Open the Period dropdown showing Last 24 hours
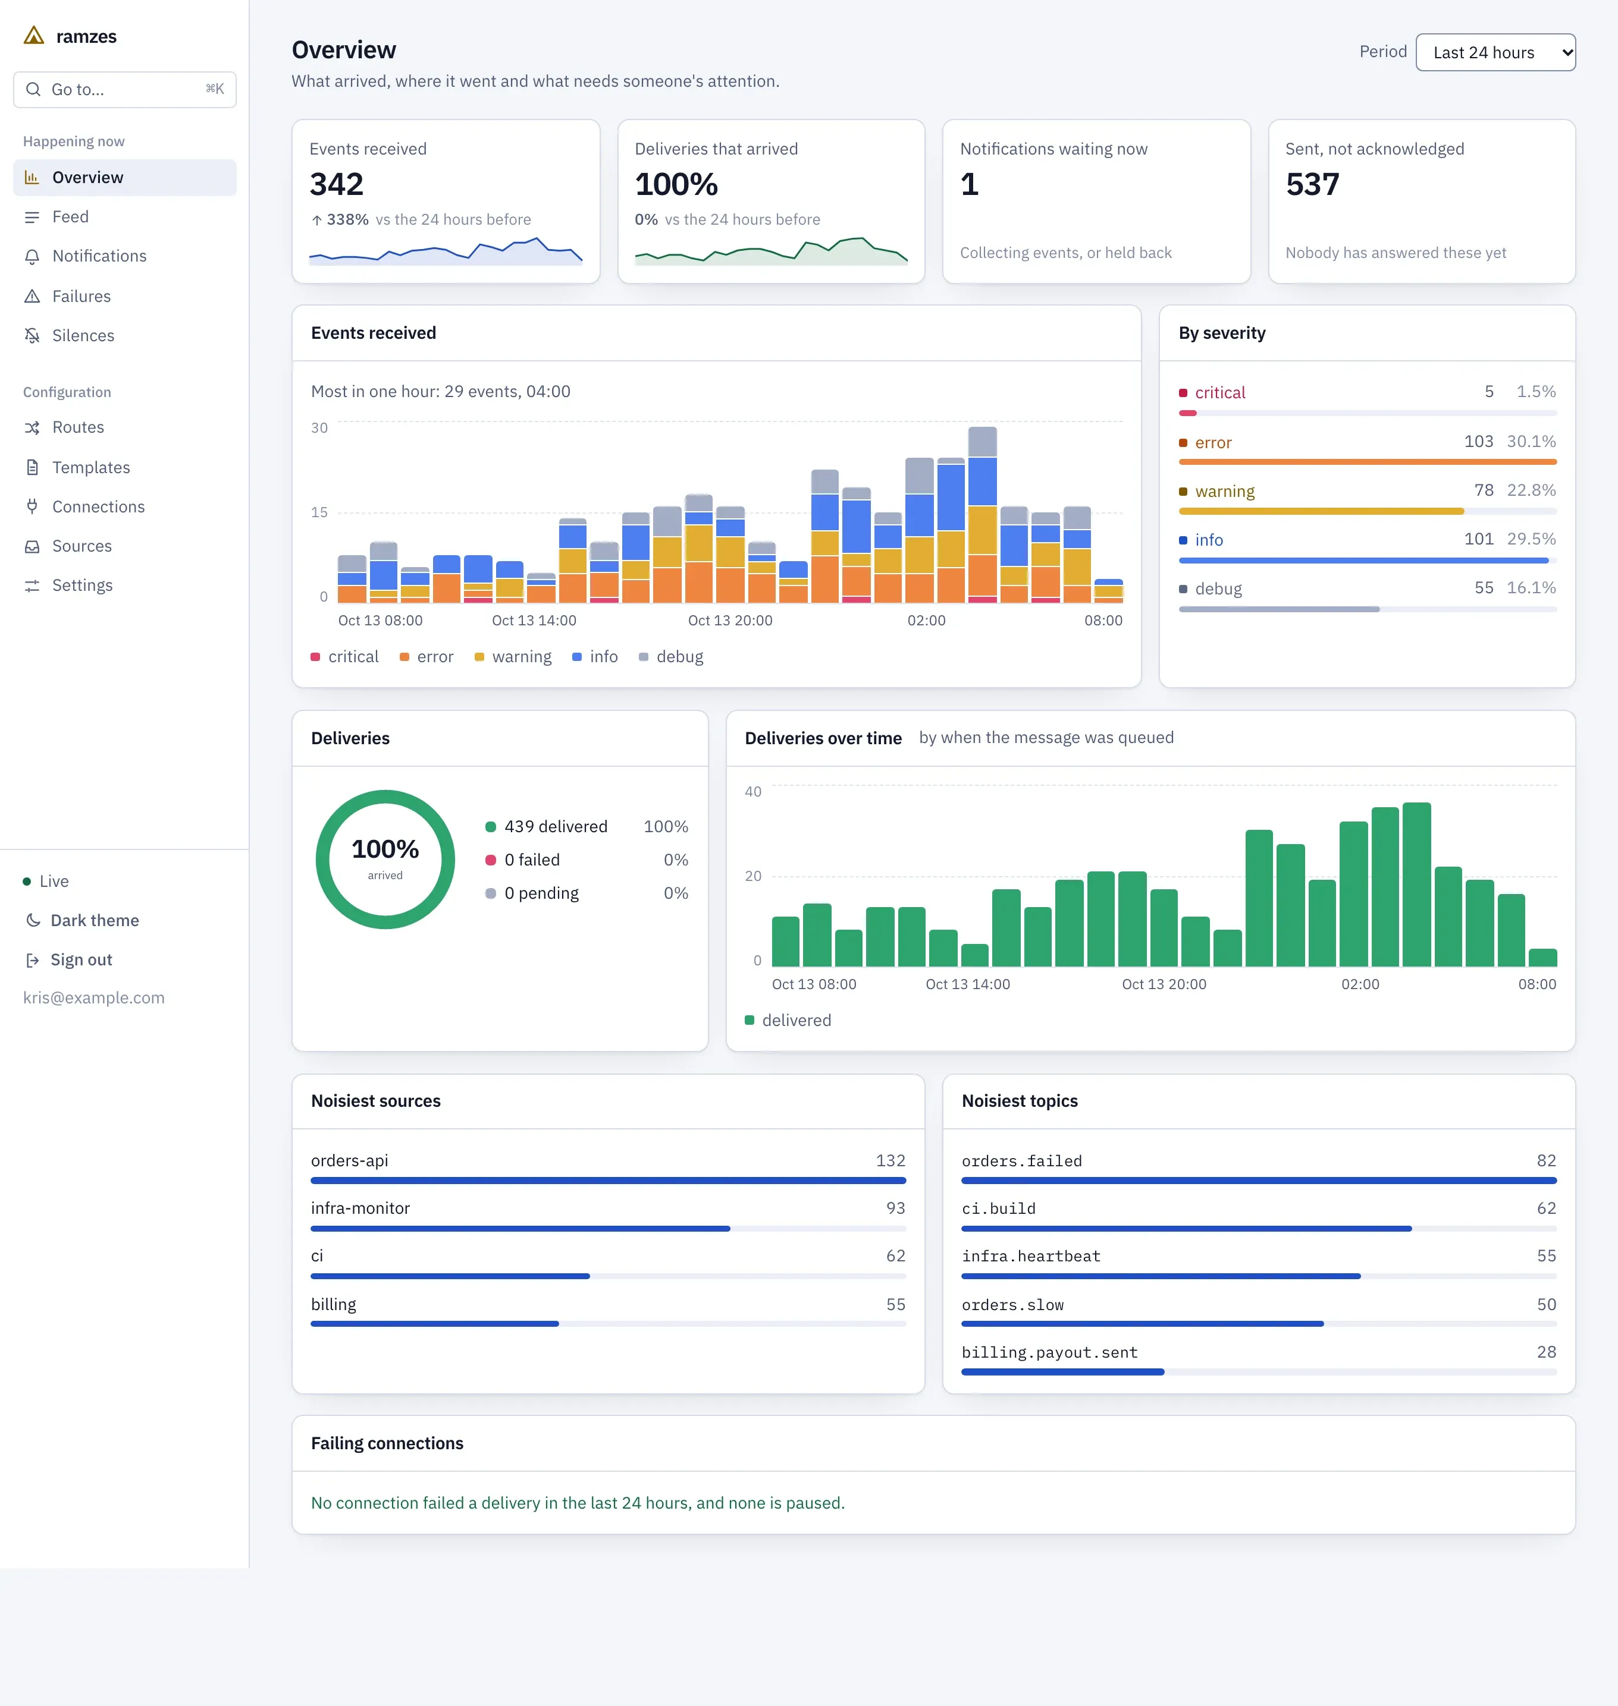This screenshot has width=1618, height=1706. [x=1495, y=52]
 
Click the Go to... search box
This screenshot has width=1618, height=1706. [x=125, y=90]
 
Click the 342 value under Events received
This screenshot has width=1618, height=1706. [x=336, y=184]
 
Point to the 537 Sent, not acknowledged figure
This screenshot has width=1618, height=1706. [x=1312, y=184]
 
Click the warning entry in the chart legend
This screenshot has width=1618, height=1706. [x=513, y=657]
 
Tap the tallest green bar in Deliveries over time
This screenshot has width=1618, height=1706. [x=1416, y=885]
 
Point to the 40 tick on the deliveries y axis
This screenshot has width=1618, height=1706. [x=753, y=791]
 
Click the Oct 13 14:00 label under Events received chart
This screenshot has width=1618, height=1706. [x=534, y=621]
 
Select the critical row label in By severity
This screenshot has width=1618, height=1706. [x=1219, y=393]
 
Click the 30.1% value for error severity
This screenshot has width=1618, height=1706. [x=1531, y=442]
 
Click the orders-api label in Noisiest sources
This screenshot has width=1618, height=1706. [x=349, y=1161]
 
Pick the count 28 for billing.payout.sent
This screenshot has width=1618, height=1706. [x=1547, y=1352]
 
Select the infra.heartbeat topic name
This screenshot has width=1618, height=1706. [x=1031, y=1257]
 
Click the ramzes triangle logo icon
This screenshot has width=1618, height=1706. [x=34, y=35]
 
